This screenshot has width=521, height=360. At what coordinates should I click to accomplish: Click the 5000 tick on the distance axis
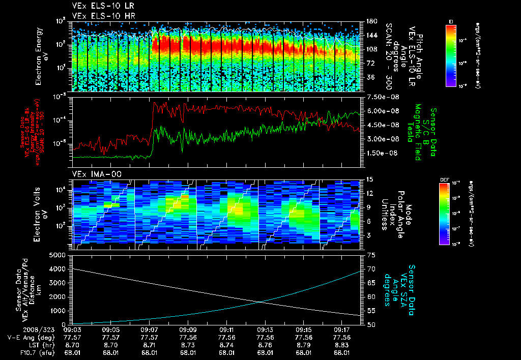59,255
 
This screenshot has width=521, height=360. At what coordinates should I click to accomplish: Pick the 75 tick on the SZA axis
371,255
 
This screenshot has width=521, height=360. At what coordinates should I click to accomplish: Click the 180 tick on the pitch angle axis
371,21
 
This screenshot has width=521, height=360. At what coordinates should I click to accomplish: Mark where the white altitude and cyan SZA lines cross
262,302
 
